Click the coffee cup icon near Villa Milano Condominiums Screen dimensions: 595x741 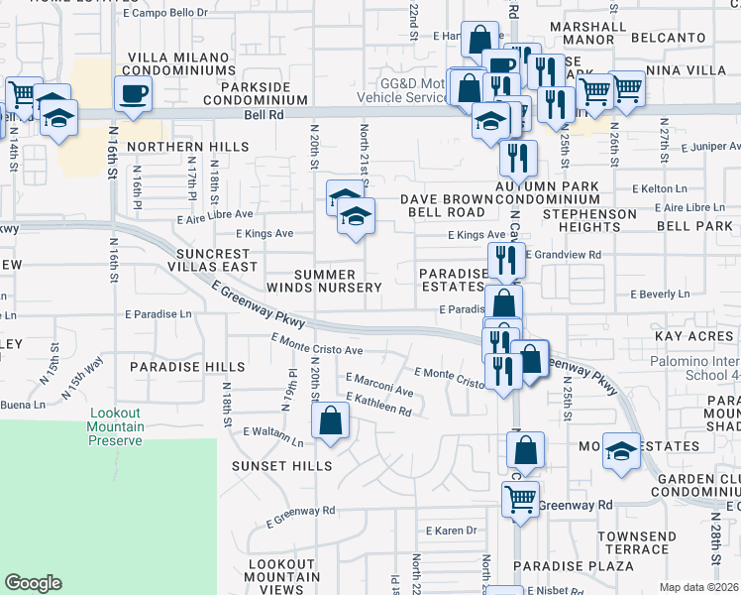point(134,95)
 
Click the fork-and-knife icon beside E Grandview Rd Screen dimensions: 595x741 point(506,261)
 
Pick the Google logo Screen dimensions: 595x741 point(34,583)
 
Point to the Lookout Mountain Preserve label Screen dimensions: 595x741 point(117,426)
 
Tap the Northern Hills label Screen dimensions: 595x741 point(188,147)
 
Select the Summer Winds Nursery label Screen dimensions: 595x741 point(323,280)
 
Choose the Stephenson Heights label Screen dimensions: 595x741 point(588,220)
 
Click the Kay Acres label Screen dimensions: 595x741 point(693,337)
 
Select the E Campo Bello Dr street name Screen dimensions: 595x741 point(165,13)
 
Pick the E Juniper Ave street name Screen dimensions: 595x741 point(711,147)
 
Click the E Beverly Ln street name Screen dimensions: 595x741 point(660,295)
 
